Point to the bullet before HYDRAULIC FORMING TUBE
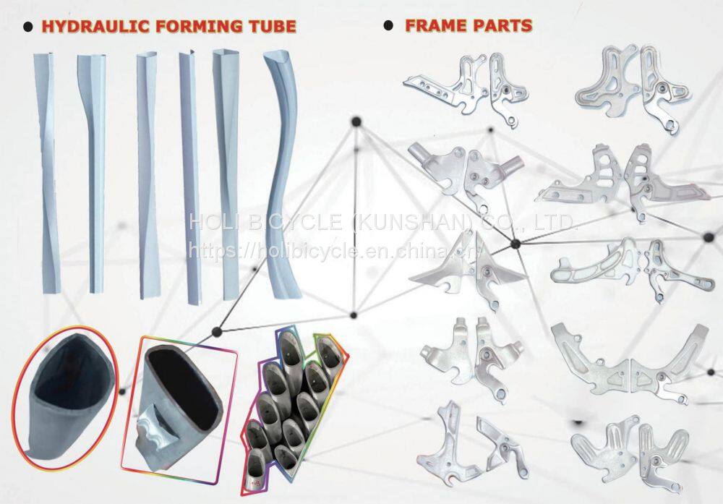tap(28, 27)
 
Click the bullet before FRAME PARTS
tap(389, 25)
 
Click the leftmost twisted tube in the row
tap(46, 172)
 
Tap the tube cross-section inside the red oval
tap(64, 396)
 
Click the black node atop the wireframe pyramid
tap(356, 122)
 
